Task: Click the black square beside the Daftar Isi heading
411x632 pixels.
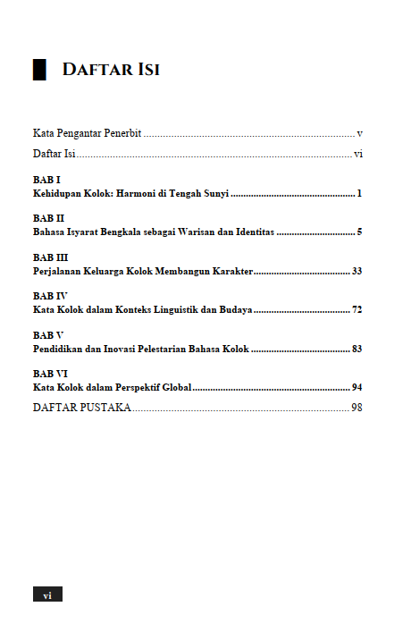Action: click(x=39, y=70)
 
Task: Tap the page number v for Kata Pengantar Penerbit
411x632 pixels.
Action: click(x=358, y=133)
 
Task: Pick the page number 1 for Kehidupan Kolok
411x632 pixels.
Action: click(x=358, y=193)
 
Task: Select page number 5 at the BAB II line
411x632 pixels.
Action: click(x=358, y=232)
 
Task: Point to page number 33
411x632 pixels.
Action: click(x=356, y=270)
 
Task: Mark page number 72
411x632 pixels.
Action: click(x=356, y=309)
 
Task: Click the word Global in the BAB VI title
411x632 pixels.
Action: click(x=174, y=387)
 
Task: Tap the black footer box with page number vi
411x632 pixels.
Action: click(x=47, y=594)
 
